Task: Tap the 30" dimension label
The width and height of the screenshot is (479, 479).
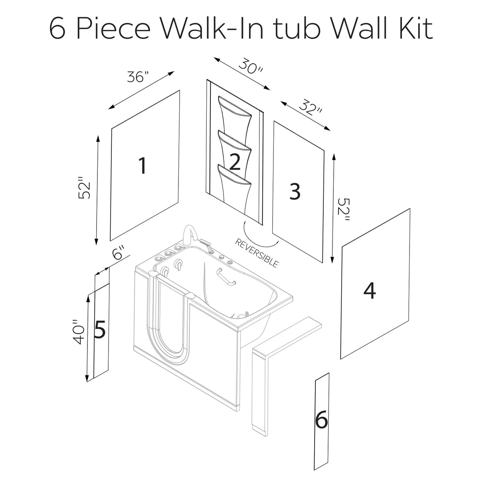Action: [251, 65]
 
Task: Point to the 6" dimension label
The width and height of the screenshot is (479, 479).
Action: [119, 254]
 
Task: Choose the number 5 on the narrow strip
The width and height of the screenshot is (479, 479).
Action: [100, 330]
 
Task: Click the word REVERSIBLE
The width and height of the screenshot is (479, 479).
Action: [257, 253]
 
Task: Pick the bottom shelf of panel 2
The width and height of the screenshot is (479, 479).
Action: [235, 176]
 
